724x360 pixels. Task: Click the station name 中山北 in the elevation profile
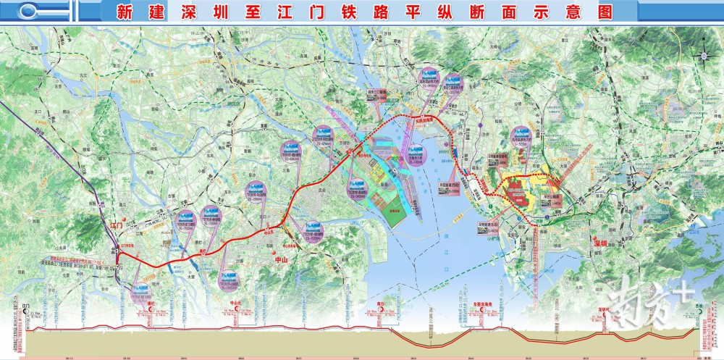coord(235,303)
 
